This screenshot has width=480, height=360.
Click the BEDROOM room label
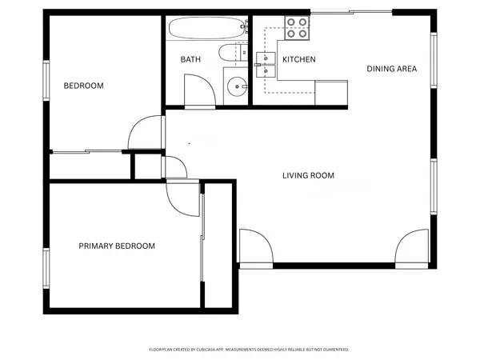(x=84, y=86)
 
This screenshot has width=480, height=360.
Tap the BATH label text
(x=190, y=60)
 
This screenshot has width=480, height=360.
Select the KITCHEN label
(x=299, y=60)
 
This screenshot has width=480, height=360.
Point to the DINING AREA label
(x=392, y=69)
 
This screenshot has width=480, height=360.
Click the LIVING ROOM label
(x=308, y=175)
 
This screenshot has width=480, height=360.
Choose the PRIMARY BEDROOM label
(x=117, y=246)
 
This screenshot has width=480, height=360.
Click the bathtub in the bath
(x=203, y=30)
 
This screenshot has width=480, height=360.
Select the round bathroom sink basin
(x=235, y=86)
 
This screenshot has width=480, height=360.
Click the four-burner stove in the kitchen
(x=298, y=29)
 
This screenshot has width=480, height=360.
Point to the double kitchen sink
(x=266, y=64)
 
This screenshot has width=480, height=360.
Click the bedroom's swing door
(x=146, y=134)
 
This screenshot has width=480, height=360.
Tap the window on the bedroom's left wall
(x=46, y=81)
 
